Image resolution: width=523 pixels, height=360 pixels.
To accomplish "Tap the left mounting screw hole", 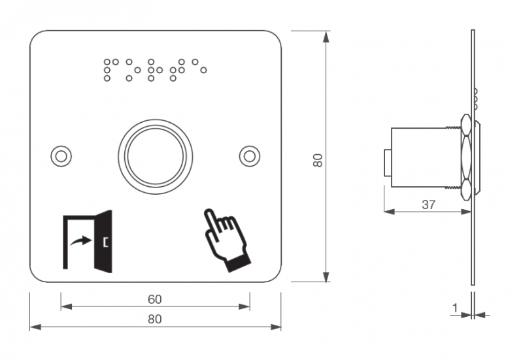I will pyautogui.click(x=61, y=155).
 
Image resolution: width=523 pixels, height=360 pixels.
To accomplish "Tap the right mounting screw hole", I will pyautogui.click(x=249, y=155).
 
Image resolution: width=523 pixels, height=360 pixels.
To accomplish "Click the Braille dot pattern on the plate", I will pyautogui.click(x=154, y=69).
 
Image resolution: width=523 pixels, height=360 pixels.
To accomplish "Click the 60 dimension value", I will pyautogui.click(x=154, y=299).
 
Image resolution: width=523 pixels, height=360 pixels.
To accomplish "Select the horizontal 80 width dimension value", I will pyautogui.click(x=154, y=319).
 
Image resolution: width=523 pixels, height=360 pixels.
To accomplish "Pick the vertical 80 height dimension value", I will pyautogui.click(x=318, y=160).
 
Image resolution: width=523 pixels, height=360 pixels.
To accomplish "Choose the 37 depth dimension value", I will pyautogui.click(x=428, y=204).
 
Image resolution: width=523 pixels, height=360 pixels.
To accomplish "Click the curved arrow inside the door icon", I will pyautogui.click(x=81, y=242).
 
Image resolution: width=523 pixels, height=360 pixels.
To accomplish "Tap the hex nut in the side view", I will pyautogui.click(x=466, y=157).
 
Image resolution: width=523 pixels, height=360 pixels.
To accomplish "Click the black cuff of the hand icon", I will pyautogui.click(x=236, y=262).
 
